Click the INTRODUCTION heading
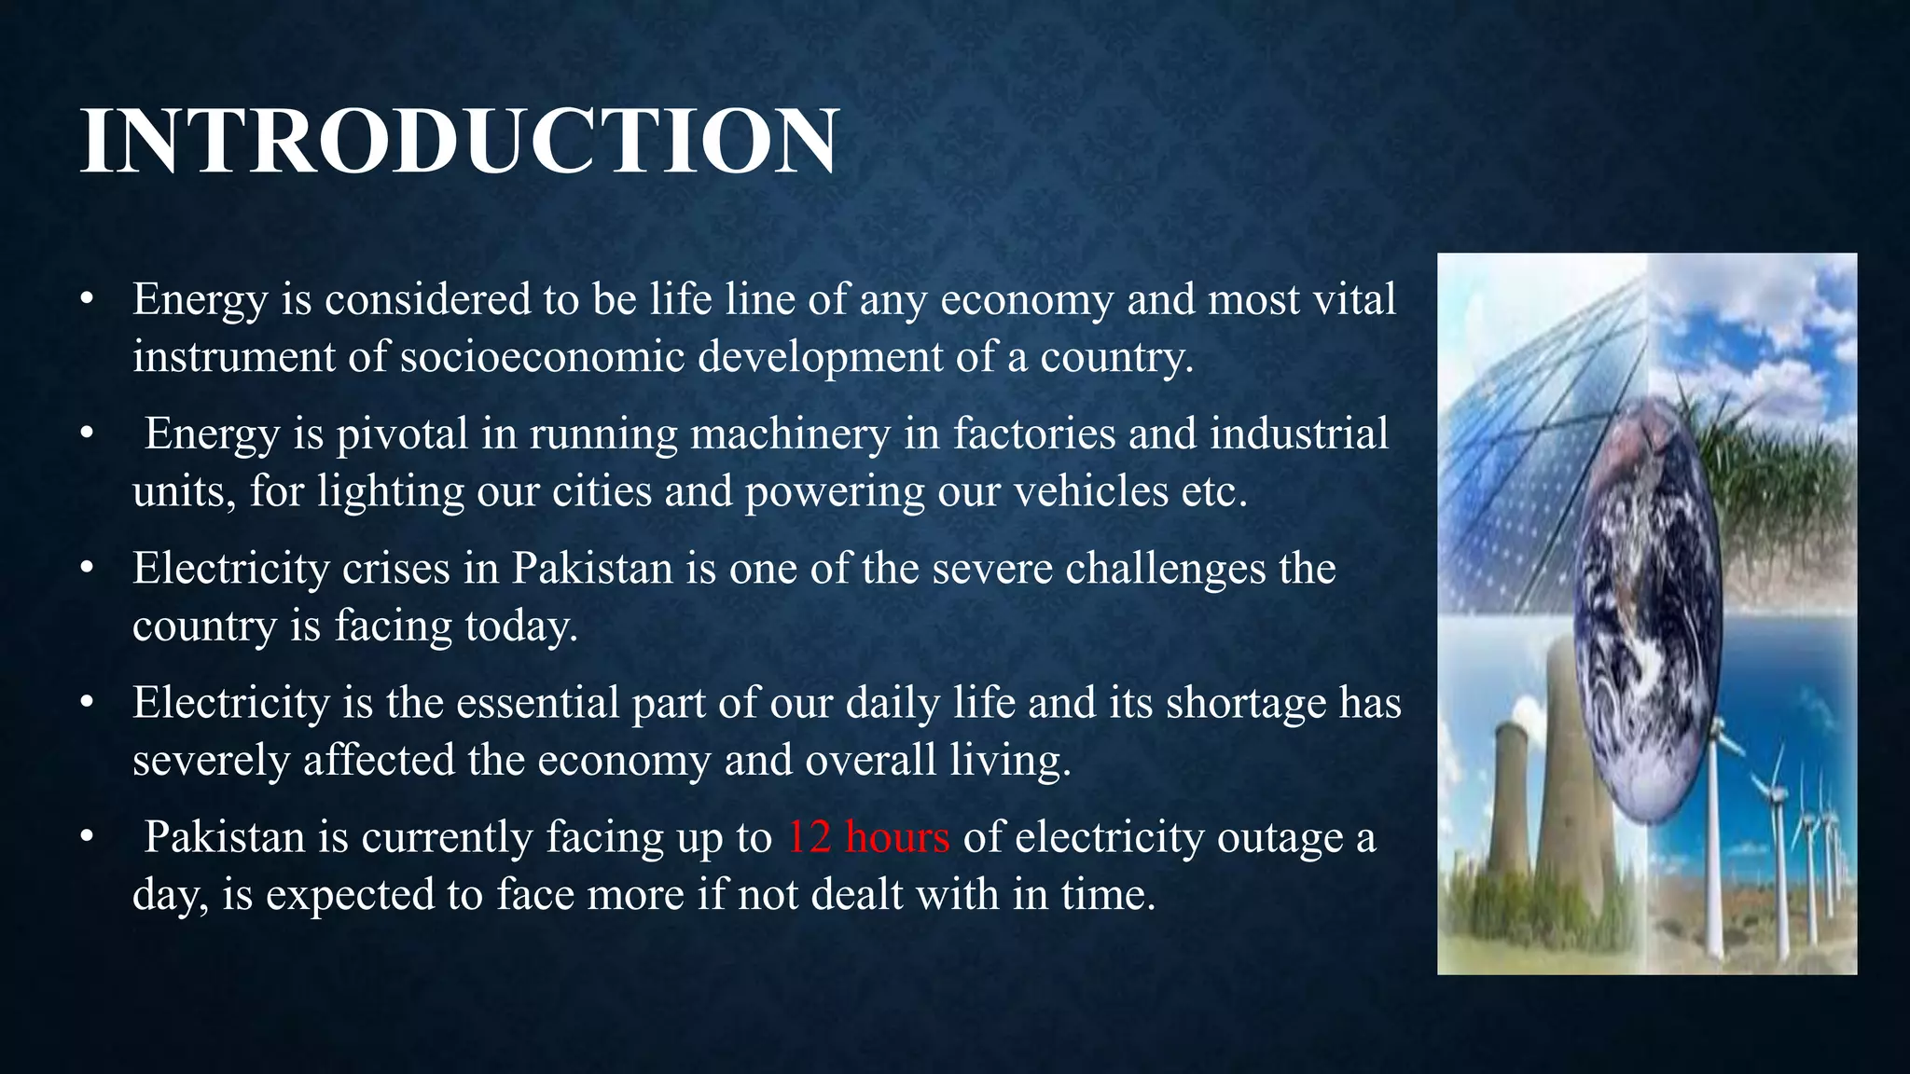pyautogui.click(x=459, y=141)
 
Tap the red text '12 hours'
pyautogui.click(x=868, y=836)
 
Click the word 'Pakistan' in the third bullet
pyautogui.click(x=592, y=568)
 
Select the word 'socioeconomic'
pyautogui.click(x=542, y=356)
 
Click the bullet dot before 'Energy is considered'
pyautogui.click(x=87, y=299)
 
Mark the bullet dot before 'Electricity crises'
pyautogui.click(x=87, y=568)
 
